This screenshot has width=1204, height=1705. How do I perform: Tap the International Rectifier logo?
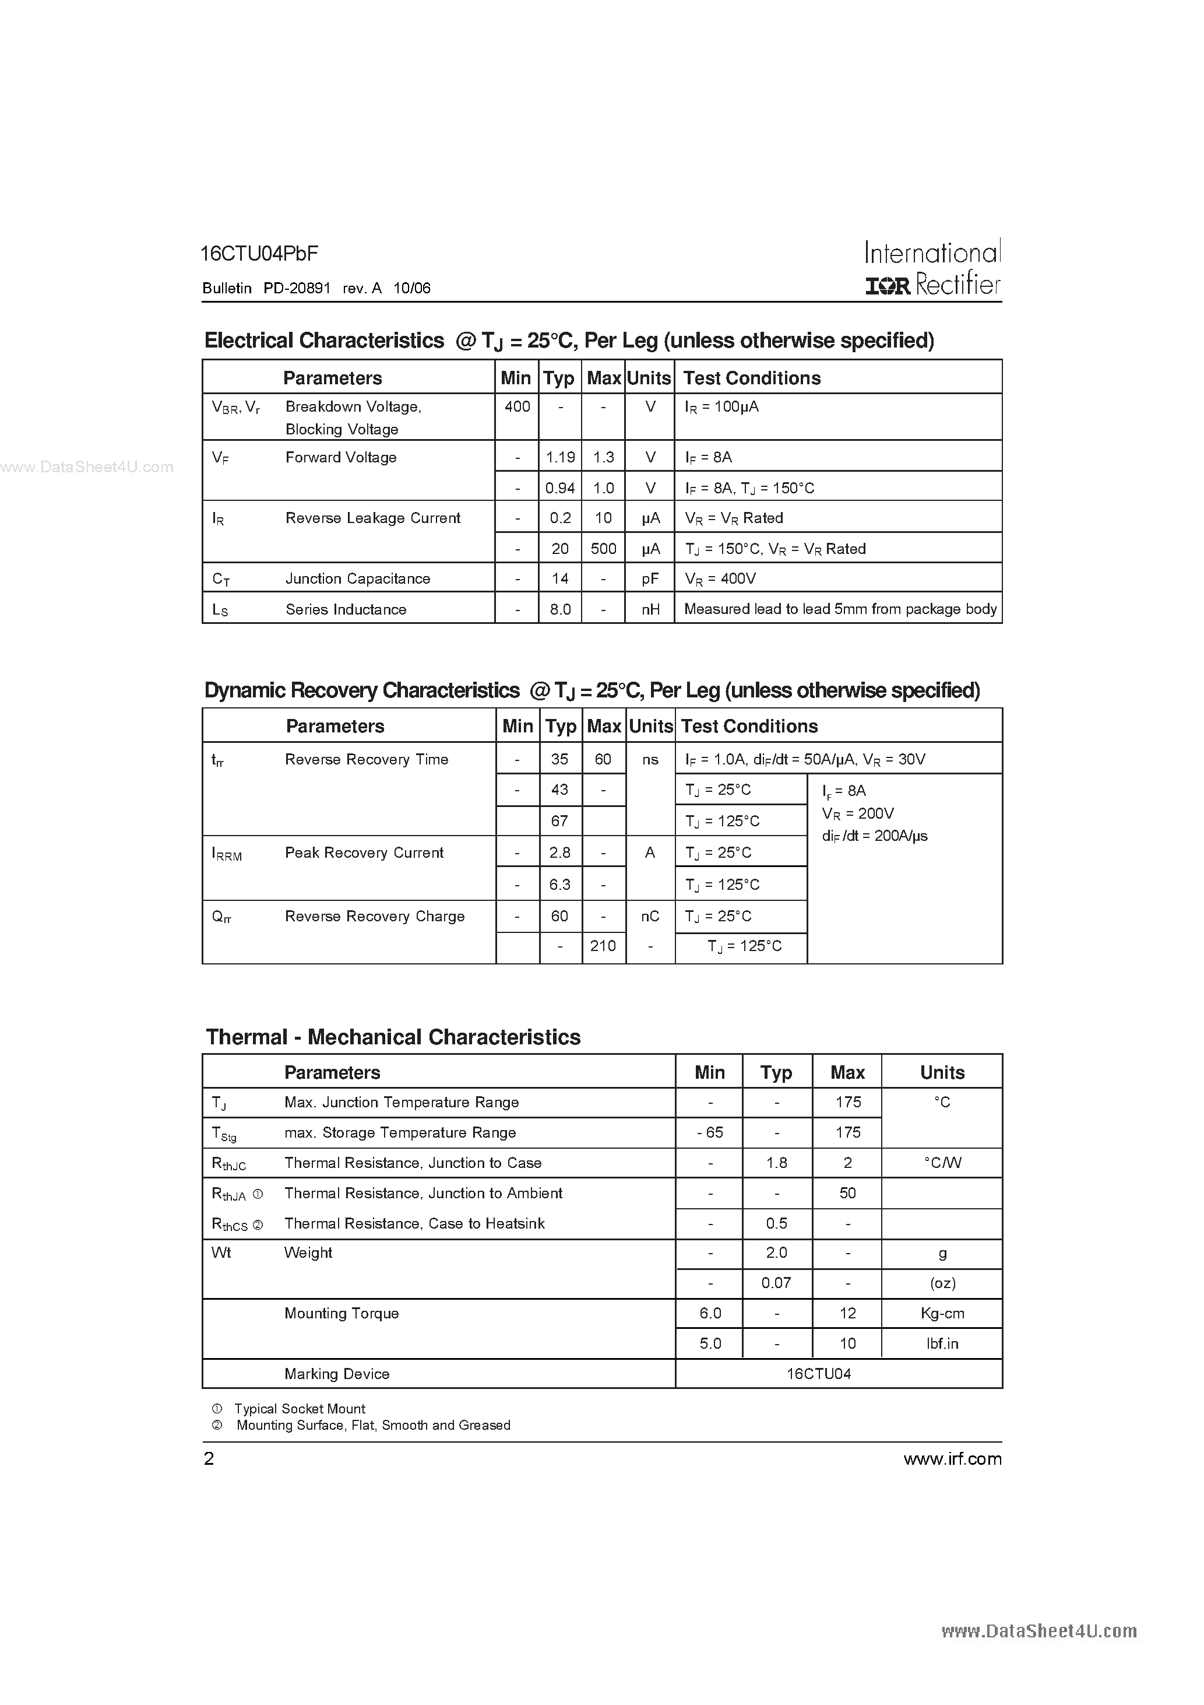(x=932, y=269)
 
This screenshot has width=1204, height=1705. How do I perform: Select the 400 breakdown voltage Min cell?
(x=517, y=407)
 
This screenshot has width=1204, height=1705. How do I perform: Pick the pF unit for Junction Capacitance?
(x=650, y=578)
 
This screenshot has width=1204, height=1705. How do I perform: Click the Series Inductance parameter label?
(x=346, y=610)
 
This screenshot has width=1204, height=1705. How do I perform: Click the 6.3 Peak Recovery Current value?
(x=559, y=885)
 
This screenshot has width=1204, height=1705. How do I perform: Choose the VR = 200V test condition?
(x=857, y=814)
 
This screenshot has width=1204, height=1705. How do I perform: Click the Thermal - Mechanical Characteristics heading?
(x=393, y=1037)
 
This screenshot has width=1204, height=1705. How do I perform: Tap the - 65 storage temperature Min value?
(x=710, y=1133)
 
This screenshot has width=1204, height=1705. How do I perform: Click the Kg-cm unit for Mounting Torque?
(x=942, y=1314)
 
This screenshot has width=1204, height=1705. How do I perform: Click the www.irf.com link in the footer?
(x=952, y=1459)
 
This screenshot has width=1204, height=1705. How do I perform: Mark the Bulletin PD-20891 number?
(x=297, y=288)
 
